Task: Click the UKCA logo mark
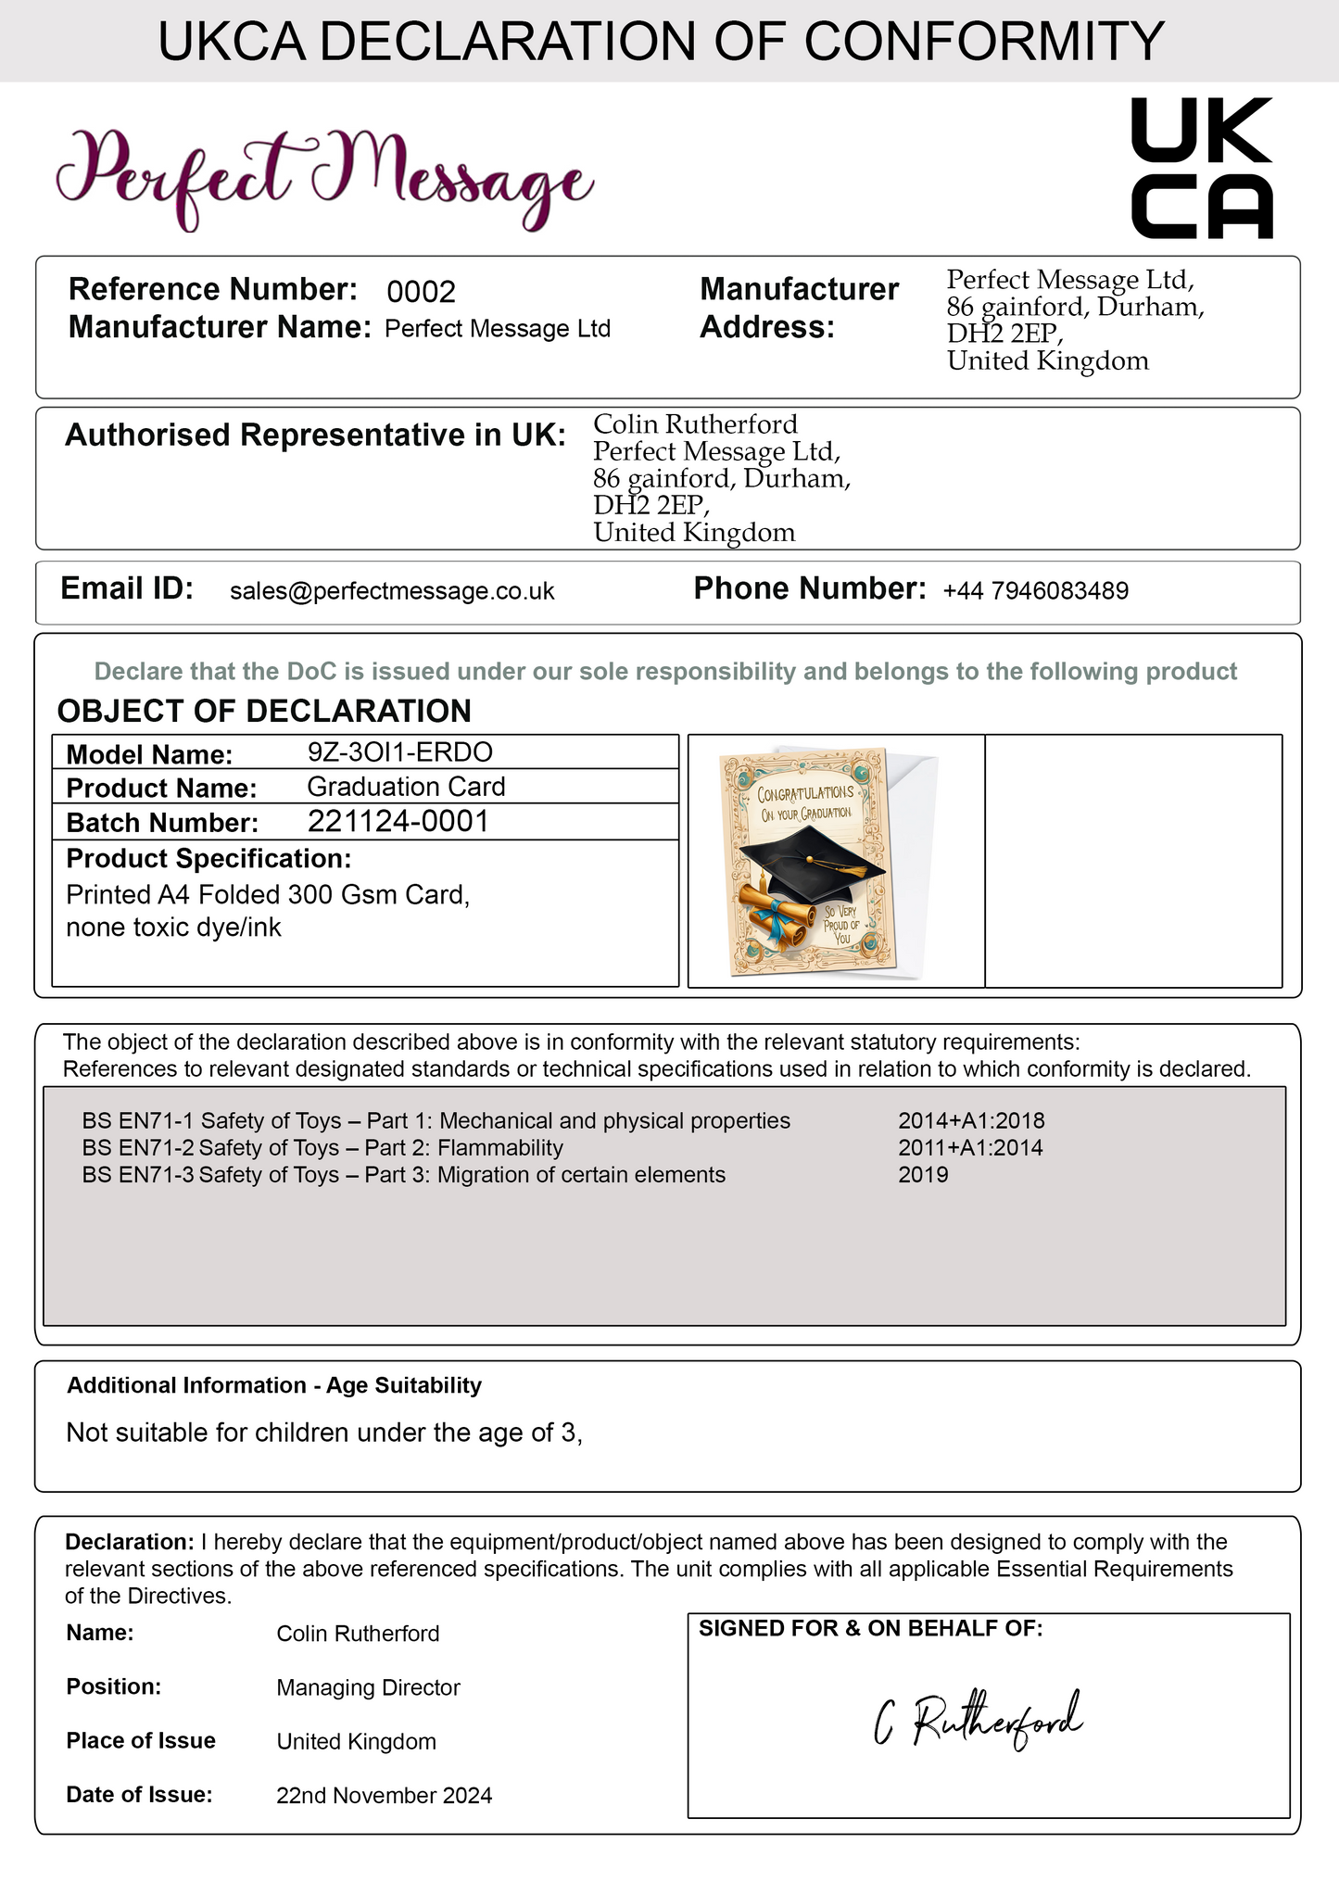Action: pos(1202,168)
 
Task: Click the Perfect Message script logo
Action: pos(324,176)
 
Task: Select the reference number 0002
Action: pos(421,292)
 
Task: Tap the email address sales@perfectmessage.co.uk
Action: pos(392,591)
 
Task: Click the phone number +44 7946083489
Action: pos(1035,591)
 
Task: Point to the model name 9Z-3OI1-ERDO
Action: pos(399,751)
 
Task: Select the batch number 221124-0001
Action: pos(398,821)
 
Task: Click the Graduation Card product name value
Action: pos(406,787)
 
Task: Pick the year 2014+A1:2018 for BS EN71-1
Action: pos(971,1121)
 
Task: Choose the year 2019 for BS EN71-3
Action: pos(923,1175)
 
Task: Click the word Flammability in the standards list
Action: pos(500,1148)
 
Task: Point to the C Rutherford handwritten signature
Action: pos(978,1722)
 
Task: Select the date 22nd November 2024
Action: pos(384,1796)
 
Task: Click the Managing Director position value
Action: pos(368,1687)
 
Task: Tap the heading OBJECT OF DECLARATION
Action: pos(264,711)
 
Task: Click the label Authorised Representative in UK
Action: pos(315,435)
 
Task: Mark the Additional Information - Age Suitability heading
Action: pos(274,1385)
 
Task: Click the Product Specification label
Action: pos(208,859)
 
